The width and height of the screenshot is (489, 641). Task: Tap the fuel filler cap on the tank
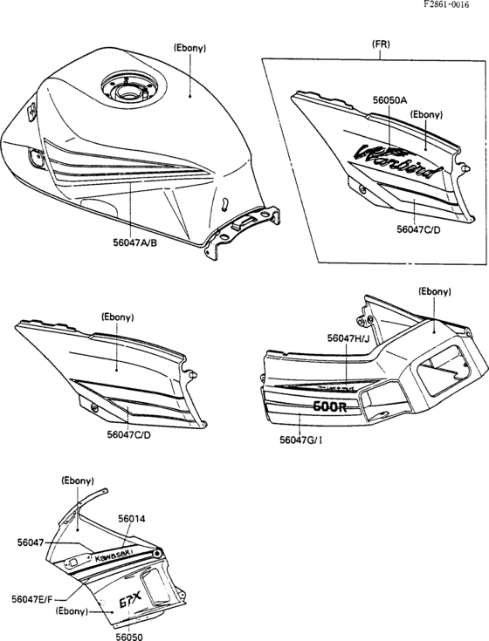[x=125, y=88]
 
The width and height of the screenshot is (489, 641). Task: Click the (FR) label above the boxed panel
[x=381, y=43]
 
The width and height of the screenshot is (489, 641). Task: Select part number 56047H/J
[x=349, y=337]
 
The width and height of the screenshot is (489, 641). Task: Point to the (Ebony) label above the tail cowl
[x=434, y=291]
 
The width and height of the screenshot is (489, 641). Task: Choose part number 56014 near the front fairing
[x=131, y=518]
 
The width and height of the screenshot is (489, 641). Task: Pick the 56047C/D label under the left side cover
[x=129, y=433]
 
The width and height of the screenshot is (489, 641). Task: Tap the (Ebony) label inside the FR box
[x=426, y=114]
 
